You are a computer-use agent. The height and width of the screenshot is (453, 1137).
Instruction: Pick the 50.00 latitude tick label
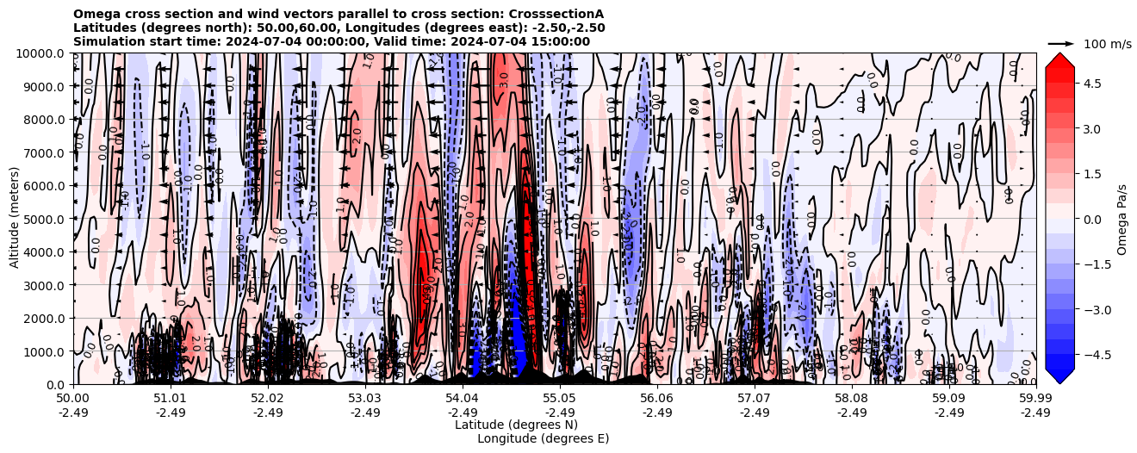coord(73,399)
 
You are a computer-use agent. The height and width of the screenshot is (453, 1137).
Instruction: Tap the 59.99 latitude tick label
coord(1035,399)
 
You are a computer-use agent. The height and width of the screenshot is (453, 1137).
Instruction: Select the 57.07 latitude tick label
coord(755,399)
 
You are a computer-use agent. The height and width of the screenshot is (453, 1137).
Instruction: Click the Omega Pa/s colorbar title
coord(1122,219)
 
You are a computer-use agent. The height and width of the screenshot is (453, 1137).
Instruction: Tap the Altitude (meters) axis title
coord(15,219)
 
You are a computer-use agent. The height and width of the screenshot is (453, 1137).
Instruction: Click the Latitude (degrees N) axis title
coord(516,425)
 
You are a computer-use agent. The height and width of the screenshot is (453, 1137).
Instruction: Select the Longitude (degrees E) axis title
coord(543,438)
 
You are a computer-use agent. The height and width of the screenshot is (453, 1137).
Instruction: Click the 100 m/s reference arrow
coord(1060,43)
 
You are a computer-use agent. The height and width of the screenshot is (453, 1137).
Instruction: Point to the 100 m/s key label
coord(1108,44)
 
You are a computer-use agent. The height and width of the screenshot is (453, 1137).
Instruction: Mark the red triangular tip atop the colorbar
coord(1059,60)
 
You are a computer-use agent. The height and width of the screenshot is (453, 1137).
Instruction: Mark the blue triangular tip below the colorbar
coord(1059,376)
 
